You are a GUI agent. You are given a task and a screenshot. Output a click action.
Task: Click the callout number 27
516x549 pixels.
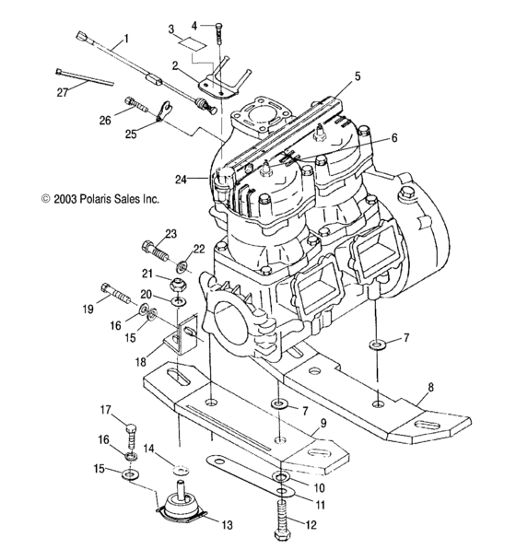coord(63,92)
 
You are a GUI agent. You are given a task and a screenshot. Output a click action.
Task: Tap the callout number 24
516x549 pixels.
coord(182,180)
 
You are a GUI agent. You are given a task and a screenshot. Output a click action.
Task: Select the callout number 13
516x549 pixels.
coord(227,525)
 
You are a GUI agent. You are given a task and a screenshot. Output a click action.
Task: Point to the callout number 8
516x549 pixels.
coord(430,387)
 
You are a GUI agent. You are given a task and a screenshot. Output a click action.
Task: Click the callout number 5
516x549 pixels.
coord(358,76)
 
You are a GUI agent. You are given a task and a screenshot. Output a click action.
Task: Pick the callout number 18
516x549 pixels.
coord(140,362)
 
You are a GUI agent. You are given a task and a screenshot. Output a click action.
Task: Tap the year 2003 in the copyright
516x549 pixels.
coord(64,199)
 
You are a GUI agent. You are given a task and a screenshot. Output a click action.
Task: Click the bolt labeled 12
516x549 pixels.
coord(282,520)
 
